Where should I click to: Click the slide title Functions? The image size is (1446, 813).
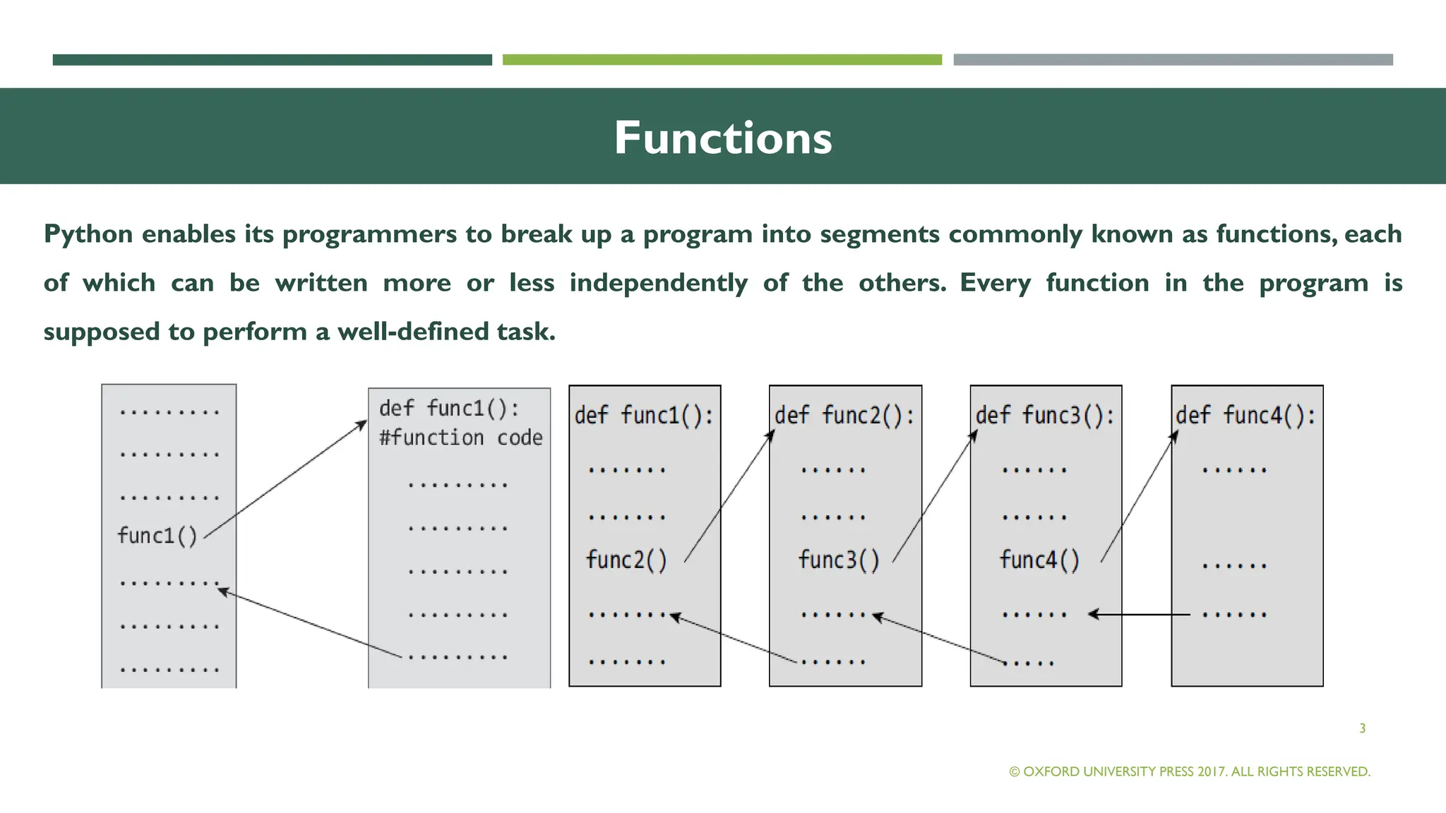click(722, 138)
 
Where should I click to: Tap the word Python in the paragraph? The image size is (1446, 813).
click(88, 234)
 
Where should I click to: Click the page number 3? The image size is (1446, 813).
click(1362, 728)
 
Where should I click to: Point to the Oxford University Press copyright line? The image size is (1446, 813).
click(1190, 771)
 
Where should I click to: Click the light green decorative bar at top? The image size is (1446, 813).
click(722, 60)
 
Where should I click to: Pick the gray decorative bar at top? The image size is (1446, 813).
click(1173, 60)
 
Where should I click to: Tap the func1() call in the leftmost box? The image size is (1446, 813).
click(157, 536)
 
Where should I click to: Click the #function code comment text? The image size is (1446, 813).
click(460, 438)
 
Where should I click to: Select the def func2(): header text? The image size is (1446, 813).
click(844, 416)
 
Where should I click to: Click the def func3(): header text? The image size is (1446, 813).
click(1045, 416)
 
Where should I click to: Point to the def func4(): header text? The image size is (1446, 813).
click(1246, 416)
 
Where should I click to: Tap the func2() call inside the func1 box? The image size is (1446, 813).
click(626, 560)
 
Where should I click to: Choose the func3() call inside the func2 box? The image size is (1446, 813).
click(839, 560)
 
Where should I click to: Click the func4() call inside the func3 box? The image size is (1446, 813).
click(1039, 560)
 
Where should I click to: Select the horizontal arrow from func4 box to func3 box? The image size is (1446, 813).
click(1140, 615)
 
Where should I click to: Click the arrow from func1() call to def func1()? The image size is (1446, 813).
click(286, 479)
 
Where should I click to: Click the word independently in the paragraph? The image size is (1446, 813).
click(658, 283)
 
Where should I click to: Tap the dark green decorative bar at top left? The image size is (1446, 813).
click(272, 60)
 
